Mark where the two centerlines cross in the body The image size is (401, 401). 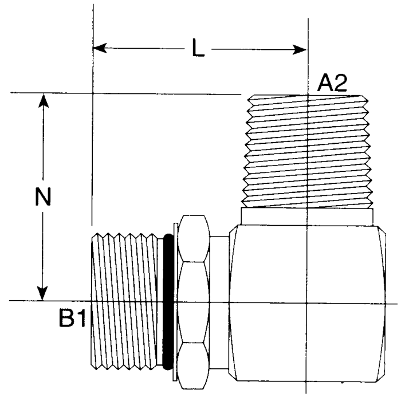tap(308, 301)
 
